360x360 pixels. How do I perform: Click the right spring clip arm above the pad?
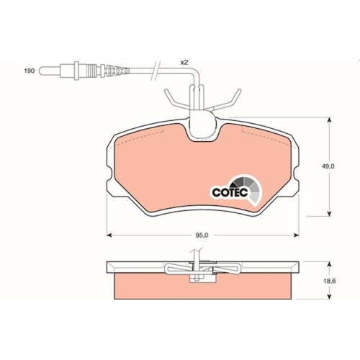[x=229, y=99]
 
